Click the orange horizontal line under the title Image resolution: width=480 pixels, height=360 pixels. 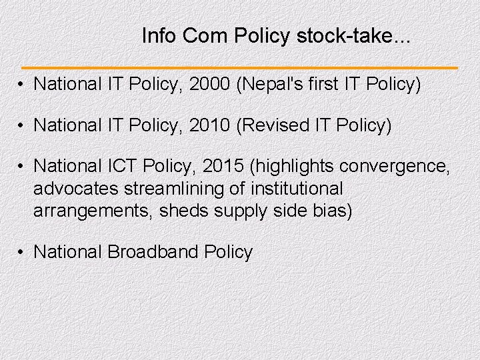coord(240,68)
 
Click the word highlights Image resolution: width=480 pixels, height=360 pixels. coord(292,165)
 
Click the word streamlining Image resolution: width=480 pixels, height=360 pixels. coord(174,189)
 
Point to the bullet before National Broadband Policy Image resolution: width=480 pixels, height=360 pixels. coord(22,252)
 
